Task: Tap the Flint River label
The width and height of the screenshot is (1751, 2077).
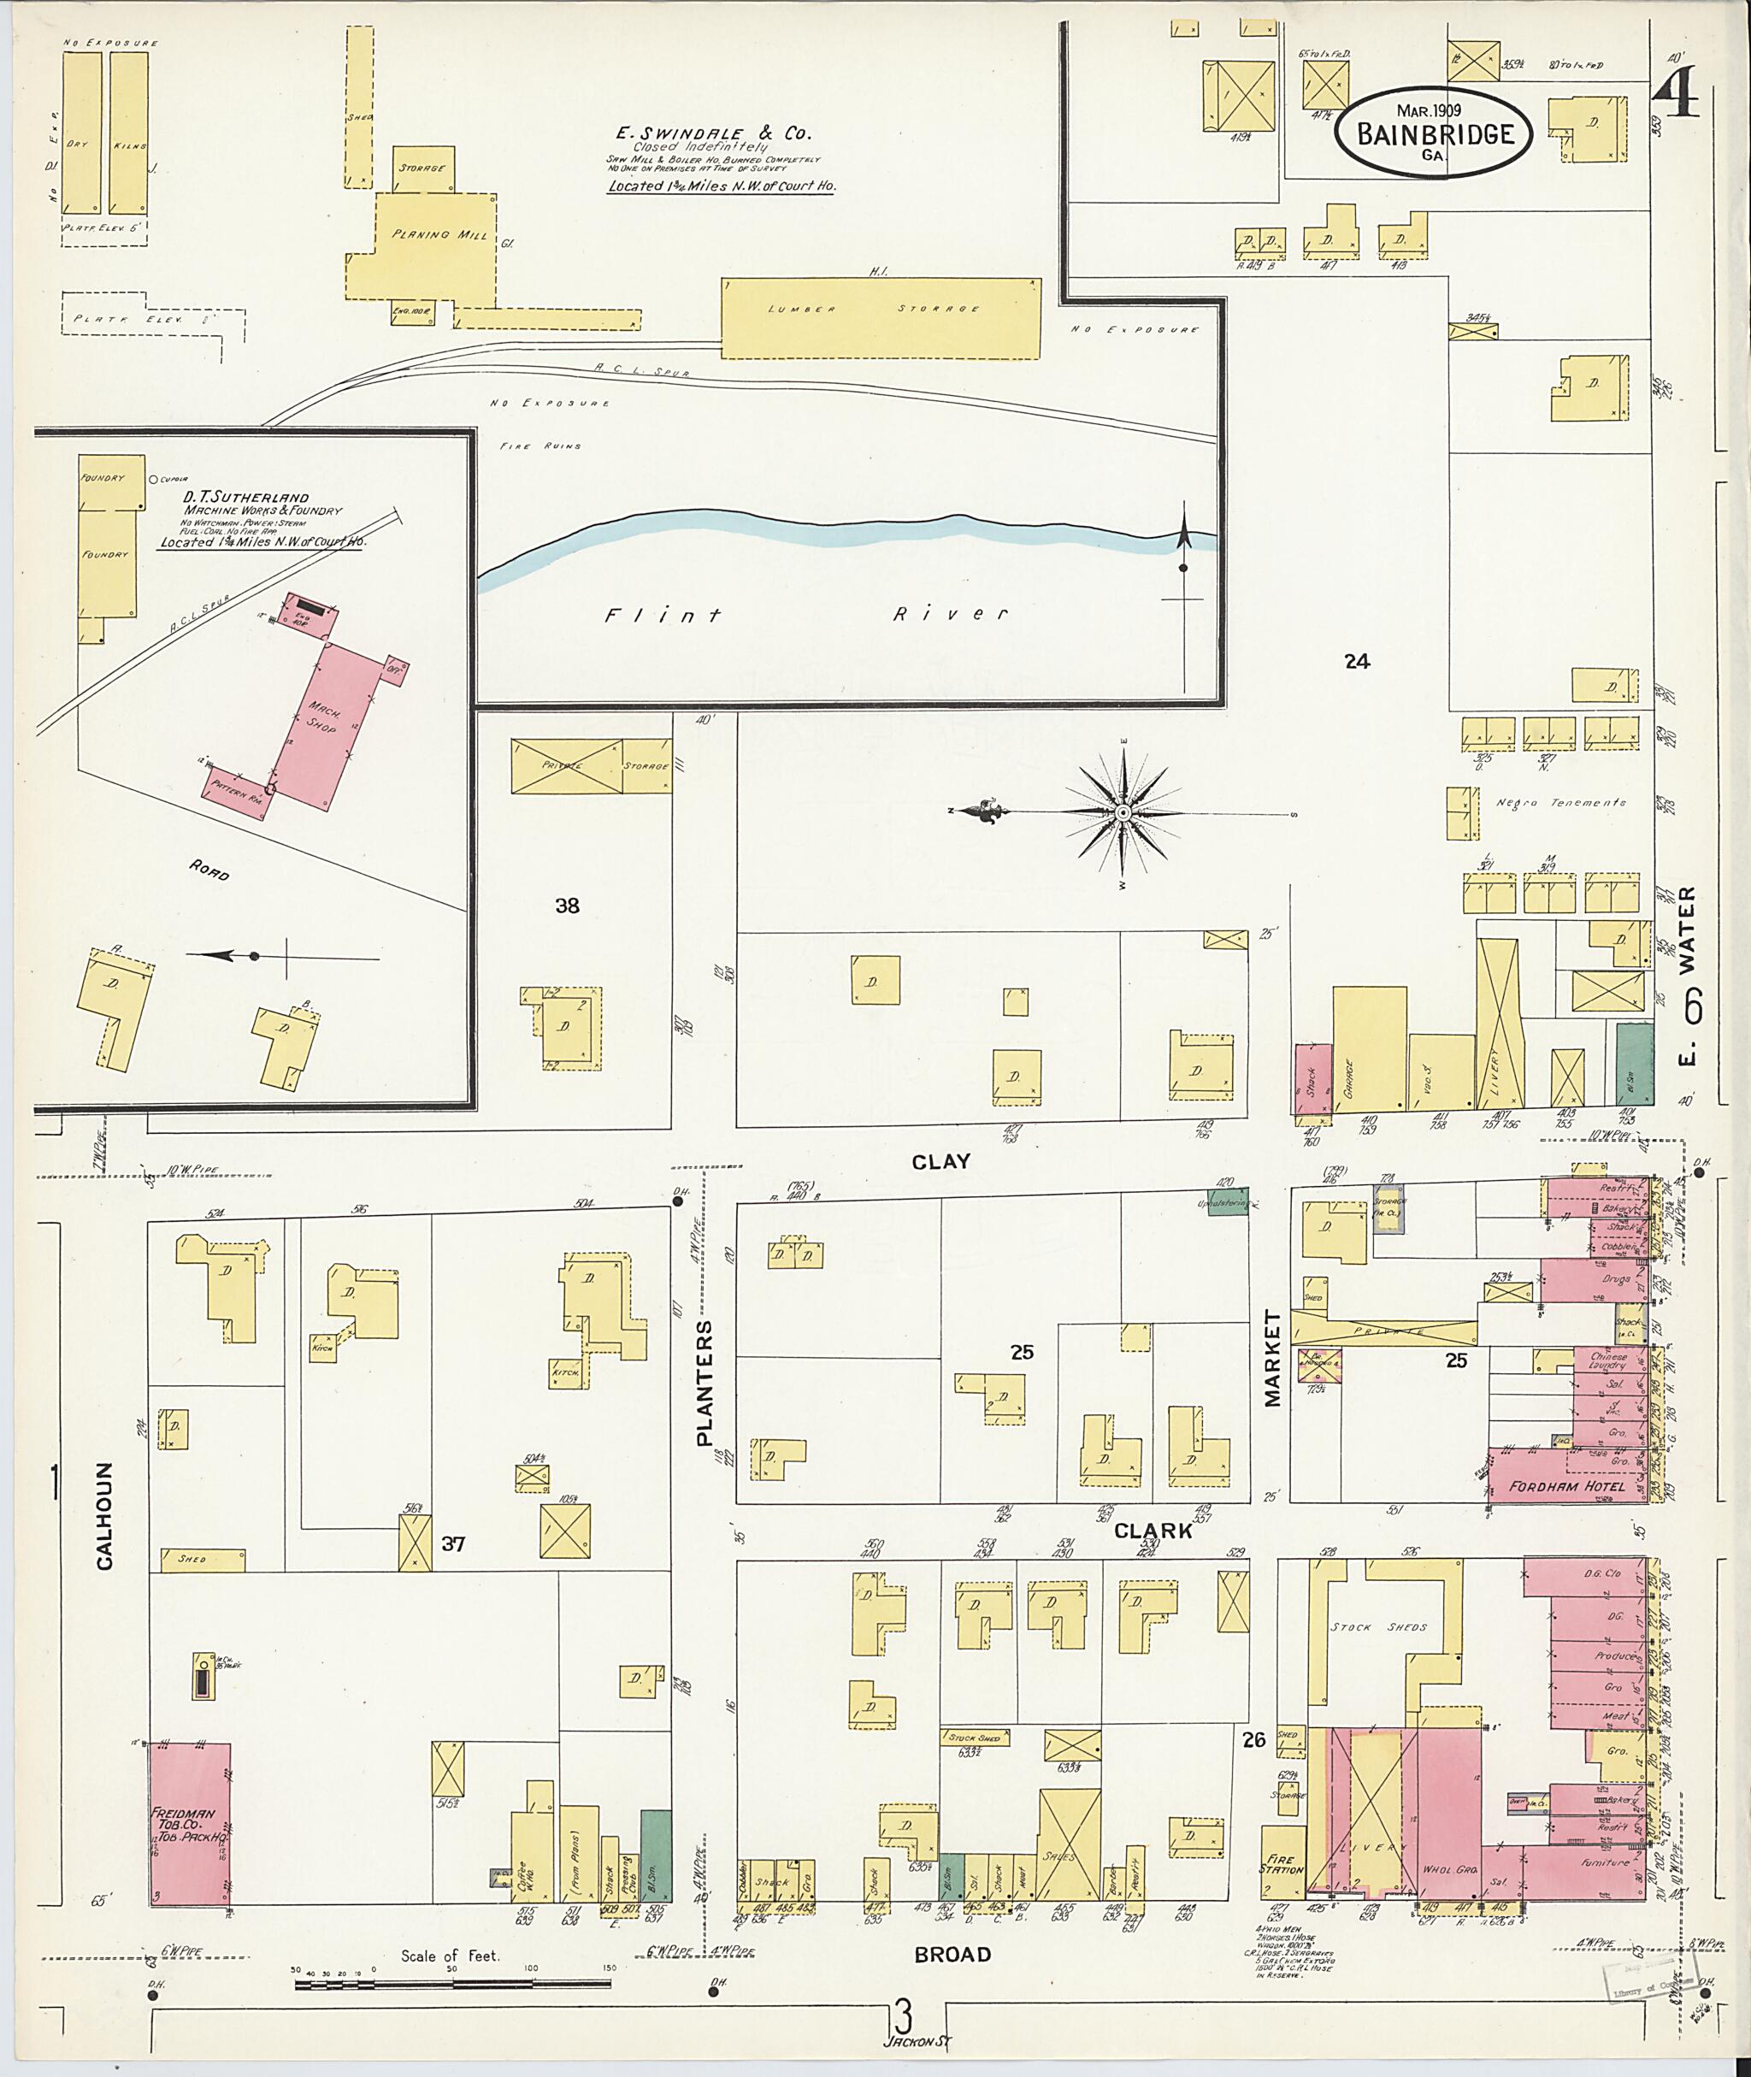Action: click(806, 615)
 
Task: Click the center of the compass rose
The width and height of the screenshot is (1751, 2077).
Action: click(1123, 813)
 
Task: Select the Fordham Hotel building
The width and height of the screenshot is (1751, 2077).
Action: click(1566, 1486)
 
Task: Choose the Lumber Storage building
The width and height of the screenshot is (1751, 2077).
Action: click(881, 318)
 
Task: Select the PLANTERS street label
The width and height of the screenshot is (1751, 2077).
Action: click(704, 1382)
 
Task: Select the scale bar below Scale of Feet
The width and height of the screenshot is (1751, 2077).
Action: click(452, 1984)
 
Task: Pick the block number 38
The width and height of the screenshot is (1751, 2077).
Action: click(567, 906)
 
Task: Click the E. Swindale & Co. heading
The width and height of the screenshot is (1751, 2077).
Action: click(710, 132)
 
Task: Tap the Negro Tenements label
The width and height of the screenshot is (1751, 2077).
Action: click(1560, 802)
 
